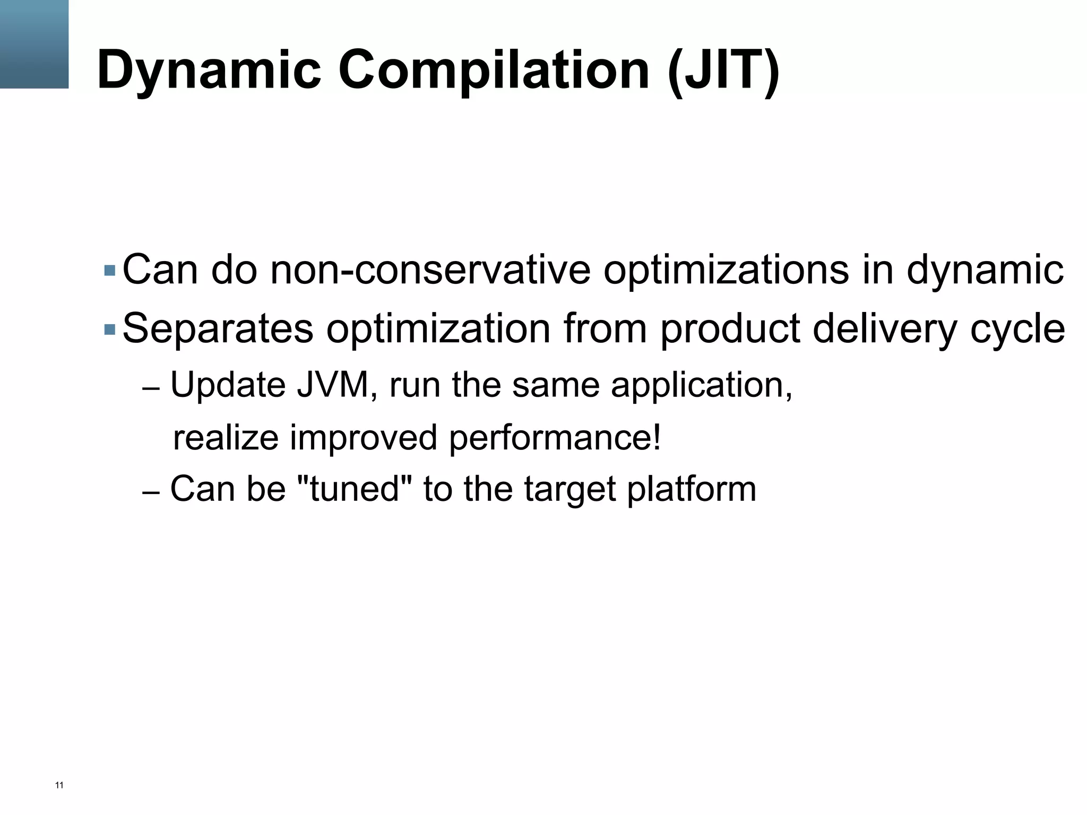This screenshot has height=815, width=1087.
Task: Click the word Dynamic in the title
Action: [x=209, y=70]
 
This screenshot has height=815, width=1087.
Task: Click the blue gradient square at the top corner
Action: [x=34, y=44]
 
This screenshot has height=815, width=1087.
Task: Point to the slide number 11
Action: [x=59, y=785]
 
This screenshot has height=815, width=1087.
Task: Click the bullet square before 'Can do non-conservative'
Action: [x=110, y=271]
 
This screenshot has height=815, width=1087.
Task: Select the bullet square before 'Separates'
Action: [x=110, y=330]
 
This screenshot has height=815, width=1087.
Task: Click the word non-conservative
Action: [x=430, y=270]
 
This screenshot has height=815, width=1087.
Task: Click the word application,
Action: [x=702, y=385]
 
